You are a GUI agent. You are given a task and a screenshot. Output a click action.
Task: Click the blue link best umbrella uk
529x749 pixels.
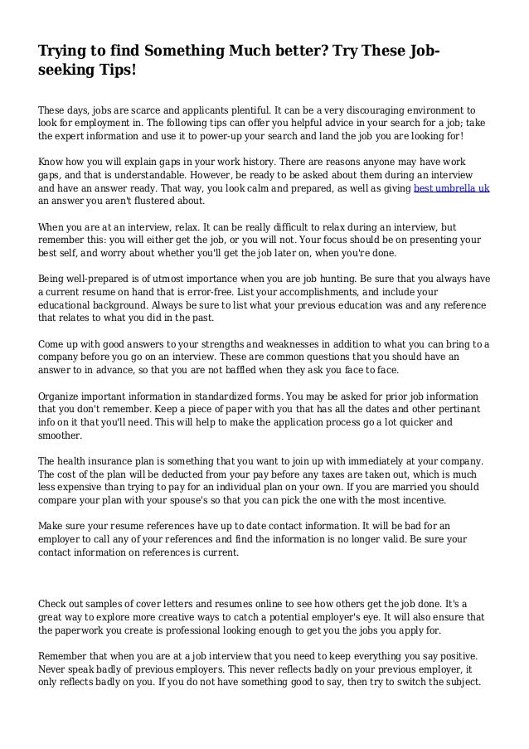(x=451, y=189)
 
